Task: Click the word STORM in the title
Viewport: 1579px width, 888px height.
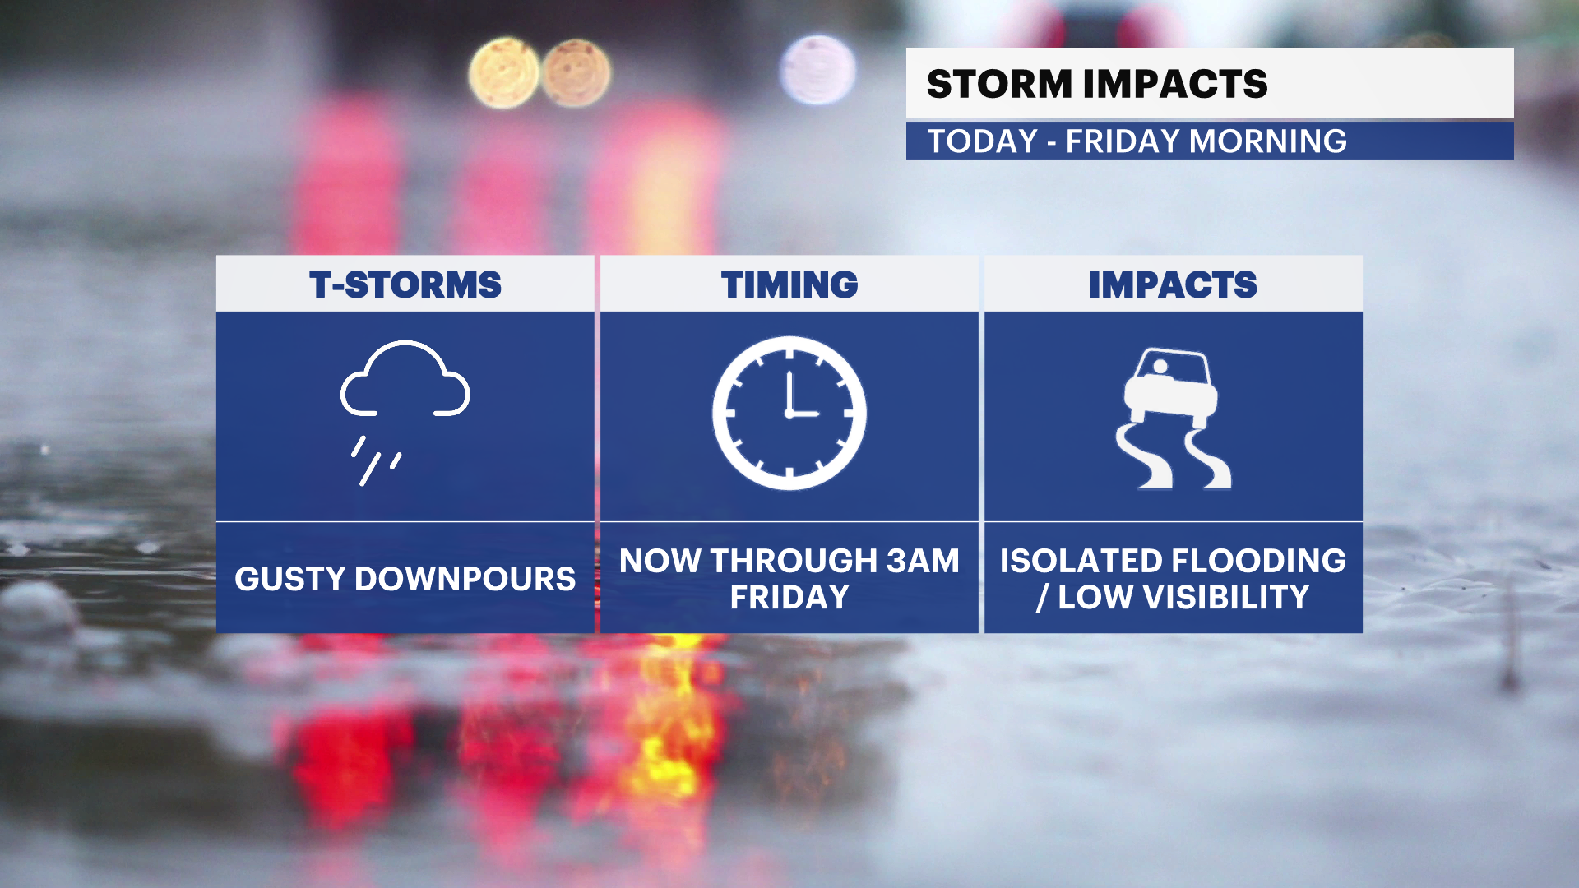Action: click(999, 84)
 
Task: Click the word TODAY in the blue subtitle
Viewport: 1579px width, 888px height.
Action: click(983, 141)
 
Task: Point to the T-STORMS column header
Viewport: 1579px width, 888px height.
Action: click(405, 285)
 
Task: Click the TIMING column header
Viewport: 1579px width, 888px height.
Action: click(789, 285)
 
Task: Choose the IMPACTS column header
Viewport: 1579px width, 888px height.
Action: click(1173, 285)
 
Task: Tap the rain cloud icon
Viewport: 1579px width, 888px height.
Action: click(405, 412)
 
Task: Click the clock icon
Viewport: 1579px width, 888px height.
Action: click(789, 413)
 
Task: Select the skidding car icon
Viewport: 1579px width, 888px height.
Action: click(1173, 418)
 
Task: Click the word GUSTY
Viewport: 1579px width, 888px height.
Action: click(290, 579)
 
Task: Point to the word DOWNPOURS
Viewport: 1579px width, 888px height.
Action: click(465, 579)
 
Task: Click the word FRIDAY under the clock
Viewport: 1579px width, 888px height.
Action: click(789, 597)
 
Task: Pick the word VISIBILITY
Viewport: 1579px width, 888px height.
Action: click(1225, 597)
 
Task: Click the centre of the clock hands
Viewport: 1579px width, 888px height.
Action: click(789, 414)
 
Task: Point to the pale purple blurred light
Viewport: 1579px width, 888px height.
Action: click(817, 69)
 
